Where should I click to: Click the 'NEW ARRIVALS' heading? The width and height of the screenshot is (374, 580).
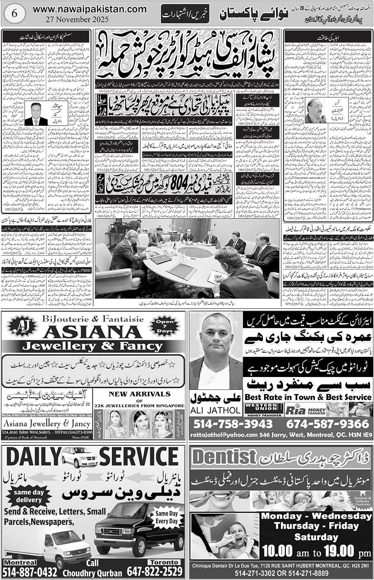point(140,394)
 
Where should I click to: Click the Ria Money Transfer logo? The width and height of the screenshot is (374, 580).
point(305,410)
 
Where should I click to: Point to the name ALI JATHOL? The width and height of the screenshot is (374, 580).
point(215,410)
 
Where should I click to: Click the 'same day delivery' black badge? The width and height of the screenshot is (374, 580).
point(28,496)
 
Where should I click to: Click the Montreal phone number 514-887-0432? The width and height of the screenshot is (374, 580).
point(30,572)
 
